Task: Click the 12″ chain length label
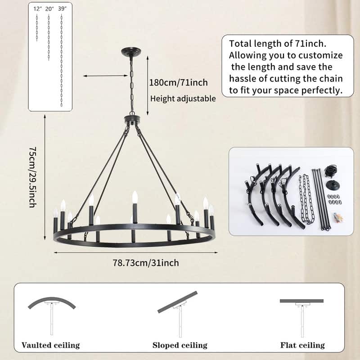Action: click(38, 9)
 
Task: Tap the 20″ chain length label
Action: click(49, 9)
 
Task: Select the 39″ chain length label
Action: click(62, 9)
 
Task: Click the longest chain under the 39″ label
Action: click(62, 60)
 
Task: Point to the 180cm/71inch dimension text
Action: click(178, 82)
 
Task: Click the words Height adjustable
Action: click(183, 99)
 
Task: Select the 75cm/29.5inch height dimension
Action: click(32, 177)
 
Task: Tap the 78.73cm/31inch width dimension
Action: click(146, 263)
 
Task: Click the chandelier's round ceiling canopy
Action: click(131, 51)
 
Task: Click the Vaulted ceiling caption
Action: click(50, 345)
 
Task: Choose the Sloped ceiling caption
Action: click(180, 345)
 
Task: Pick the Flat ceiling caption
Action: click(302, 345)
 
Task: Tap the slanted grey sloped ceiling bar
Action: click(177, 302)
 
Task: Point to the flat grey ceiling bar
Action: click(301, 301)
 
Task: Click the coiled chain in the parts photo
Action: click(306, 198)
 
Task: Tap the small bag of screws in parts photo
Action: click(338, 217)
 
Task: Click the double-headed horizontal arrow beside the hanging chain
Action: click(105, 76)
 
